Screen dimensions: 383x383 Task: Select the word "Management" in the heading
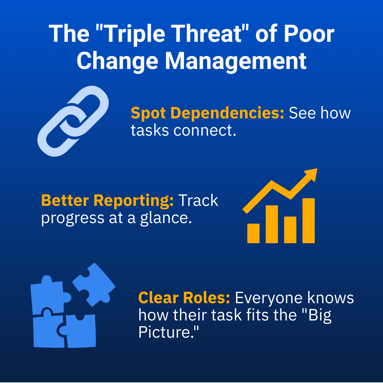click(x=236, y=61)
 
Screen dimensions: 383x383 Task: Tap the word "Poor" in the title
click(x=309, y=34)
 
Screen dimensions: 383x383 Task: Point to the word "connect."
click(x=205, y=131)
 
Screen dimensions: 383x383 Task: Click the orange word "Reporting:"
click(x=133, y=200)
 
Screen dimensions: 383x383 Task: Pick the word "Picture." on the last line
click(x=169, y=332)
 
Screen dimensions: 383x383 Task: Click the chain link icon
click(x=73, y=121)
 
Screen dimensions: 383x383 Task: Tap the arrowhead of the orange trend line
click(x=312, y=175)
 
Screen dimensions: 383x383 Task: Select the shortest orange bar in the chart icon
click(x=253, y=233)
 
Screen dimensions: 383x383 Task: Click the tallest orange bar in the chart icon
click(x=308, y=221)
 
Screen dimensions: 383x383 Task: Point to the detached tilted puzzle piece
click(x=94, y=285)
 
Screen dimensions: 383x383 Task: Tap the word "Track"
click(x=198, y=200)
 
